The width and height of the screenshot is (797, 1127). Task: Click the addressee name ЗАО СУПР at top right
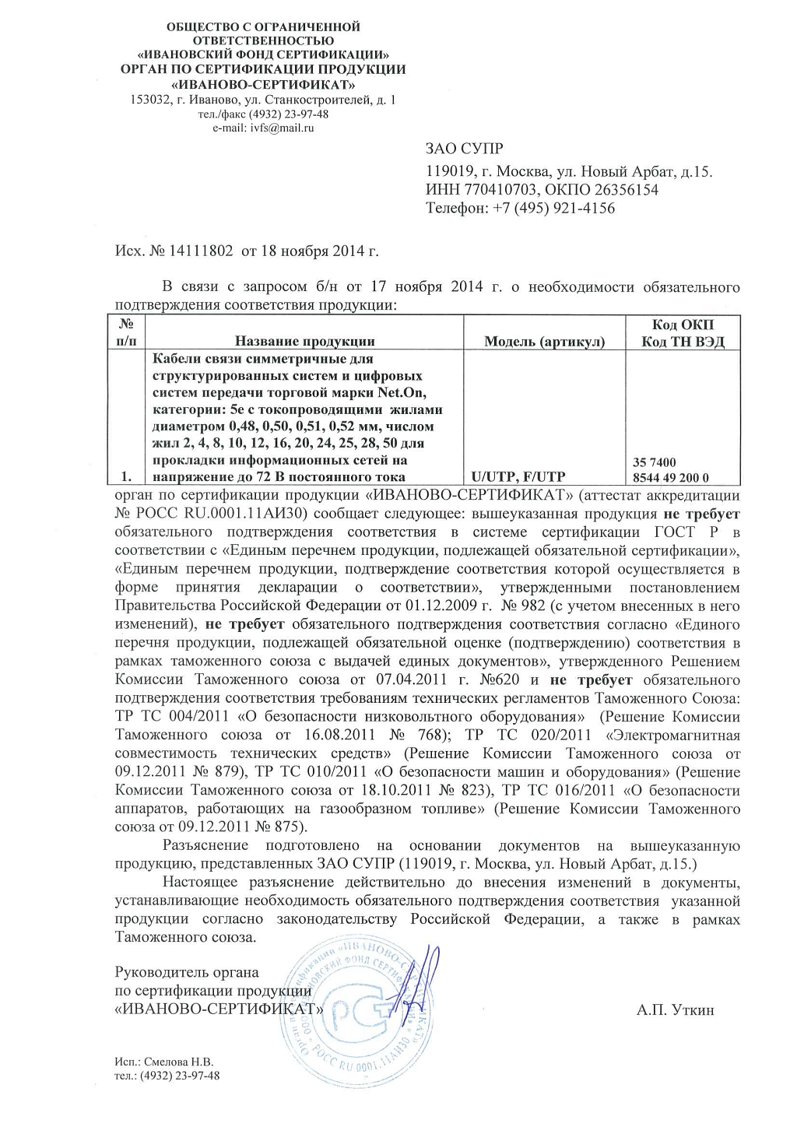coord(464,149)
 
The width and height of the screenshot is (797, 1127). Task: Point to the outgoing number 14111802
coord(201,251)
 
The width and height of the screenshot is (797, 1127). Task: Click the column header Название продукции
coord(304,341)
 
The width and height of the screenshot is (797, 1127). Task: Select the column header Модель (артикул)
coord(544,341)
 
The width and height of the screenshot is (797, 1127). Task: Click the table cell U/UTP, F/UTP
coord(518,477)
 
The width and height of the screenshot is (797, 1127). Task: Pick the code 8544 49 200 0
coord(670,478)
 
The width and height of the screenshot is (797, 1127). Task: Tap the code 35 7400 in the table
coord(654,462)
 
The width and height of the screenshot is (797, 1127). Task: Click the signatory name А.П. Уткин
coord(675,1010)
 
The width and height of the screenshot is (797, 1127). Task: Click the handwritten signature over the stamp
coord(420,977)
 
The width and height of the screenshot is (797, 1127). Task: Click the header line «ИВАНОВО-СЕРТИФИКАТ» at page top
coord(263,84)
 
